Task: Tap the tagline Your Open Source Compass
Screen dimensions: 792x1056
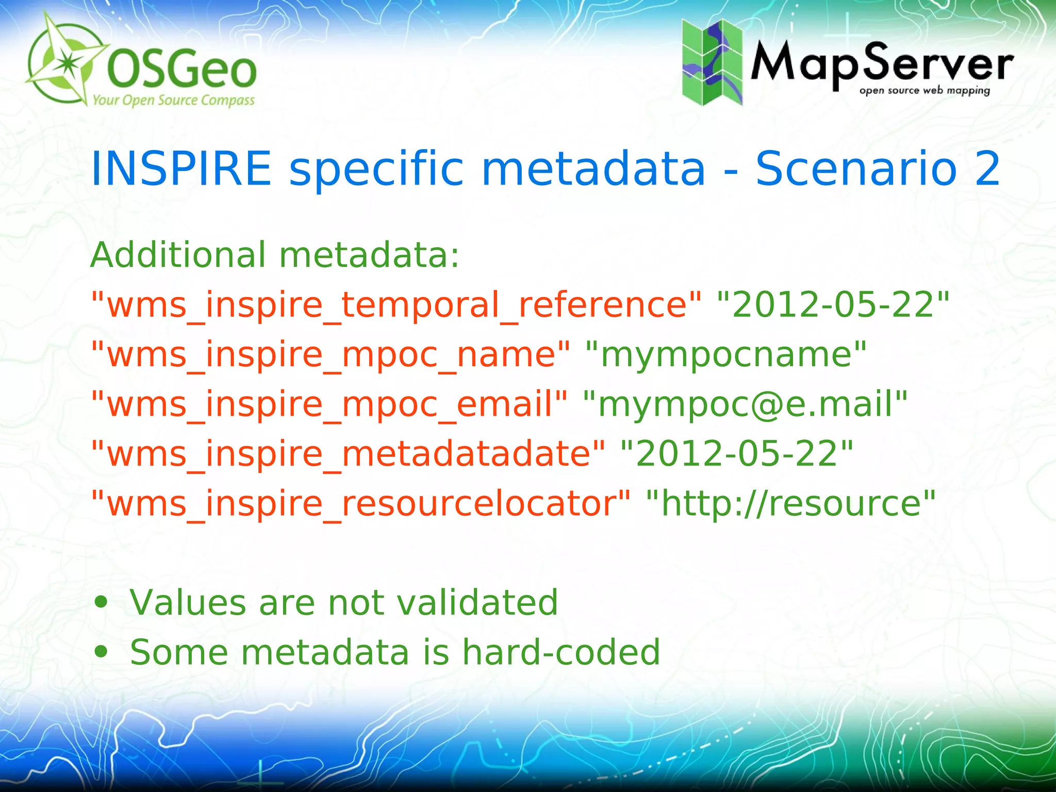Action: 173,100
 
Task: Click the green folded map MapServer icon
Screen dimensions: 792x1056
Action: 712,62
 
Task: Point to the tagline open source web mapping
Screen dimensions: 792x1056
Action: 925,91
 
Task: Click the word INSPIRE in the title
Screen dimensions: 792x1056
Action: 181,169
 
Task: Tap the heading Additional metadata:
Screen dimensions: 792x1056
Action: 275,255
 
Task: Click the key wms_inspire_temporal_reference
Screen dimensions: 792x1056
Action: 396,305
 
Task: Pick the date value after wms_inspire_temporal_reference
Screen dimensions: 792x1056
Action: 833,305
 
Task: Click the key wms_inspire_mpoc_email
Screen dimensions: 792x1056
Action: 329,404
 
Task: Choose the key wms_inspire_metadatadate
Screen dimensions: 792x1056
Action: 348,454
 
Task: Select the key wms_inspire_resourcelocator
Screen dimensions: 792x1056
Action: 360,503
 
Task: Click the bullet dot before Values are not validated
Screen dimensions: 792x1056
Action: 101,602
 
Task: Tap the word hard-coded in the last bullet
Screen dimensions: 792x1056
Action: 561,652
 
